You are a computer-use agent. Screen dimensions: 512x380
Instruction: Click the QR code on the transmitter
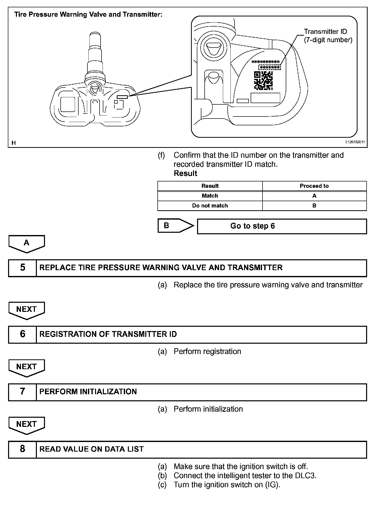click(x=263, y=81)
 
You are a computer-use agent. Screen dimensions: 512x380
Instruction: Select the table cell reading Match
click(x=210, y=196)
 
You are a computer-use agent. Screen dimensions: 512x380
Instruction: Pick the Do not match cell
click(x=210, y=206)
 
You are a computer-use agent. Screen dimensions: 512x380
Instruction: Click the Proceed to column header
click(x=314, y=186)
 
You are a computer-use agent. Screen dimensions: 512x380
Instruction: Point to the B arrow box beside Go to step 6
click(x=174, y=226)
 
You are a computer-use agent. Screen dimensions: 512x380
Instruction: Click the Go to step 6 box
click(x=281, y=226)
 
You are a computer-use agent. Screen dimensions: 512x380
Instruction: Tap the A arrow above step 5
click(x=27, y=243)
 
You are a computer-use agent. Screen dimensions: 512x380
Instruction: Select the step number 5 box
click(x=22, y=268)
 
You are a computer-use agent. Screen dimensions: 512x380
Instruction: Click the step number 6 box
click(x=22, y=334)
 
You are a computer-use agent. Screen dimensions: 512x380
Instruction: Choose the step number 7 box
click(x=22, y=392)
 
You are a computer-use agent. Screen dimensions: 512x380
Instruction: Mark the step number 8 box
click(x=22, y=449)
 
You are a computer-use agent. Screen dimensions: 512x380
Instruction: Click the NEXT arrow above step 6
click(x=27, y=310)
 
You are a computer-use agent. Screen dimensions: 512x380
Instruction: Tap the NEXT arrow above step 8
click(x=27, y=425)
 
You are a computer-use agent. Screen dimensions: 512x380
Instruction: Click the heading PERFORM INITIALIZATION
click(x=88, y=392)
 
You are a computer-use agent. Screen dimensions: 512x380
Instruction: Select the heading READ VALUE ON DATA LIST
click(x=91, y=449)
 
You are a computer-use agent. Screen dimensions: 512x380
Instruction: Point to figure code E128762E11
click(x=355, y=142)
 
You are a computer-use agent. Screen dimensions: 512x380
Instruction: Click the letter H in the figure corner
click(x=14, y=143)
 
